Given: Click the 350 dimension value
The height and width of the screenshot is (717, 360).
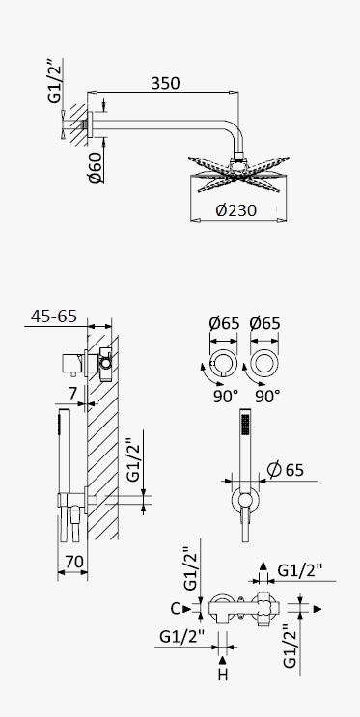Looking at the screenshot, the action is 165,83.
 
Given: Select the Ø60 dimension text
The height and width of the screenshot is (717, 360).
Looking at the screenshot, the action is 96,168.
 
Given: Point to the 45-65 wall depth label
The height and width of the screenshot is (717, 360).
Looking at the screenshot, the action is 54,316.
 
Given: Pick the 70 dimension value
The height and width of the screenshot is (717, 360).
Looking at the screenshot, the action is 75,561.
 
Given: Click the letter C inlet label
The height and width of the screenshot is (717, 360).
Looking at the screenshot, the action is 176,609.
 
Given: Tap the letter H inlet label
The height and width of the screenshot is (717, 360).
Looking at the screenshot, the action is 223,675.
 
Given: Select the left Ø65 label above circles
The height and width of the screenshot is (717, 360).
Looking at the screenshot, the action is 224,323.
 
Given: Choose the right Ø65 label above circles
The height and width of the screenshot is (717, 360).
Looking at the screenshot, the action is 264,323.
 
